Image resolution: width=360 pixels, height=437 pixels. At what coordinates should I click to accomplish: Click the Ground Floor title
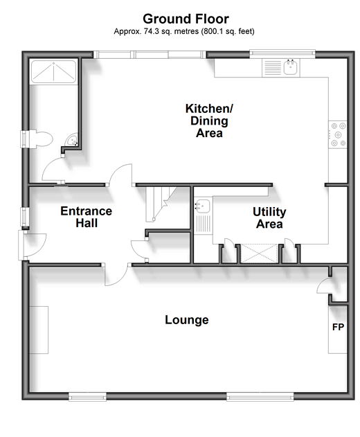pos(186,19)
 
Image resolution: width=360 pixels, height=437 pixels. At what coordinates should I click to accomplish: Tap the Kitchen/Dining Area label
pos(209,121)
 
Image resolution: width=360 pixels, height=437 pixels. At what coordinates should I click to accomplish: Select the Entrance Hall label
pos(87,217)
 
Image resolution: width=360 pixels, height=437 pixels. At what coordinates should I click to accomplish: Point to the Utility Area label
pos(269,217)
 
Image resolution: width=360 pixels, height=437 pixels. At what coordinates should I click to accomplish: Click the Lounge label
pos(187,320)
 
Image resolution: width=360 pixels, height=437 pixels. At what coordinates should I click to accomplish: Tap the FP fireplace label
pos(338,327)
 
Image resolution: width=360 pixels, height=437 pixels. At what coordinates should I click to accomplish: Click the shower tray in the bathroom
pos(53,71)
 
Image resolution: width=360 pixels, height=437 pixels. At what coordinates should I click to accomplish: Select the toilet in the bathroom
pos(40,139)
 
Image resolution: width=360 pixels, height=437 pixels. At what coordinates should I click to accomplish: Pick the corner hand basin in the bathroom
pos(72,140)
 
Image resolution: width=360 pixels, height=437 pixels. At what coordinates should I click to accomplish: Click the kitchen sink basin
pos(290,67)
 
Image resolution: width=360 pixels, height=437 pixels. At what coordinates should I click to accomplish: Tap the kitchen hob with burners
pos(338,135)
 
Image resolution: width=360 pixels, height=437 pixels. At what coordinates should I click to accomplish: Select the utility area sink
pos(203,206)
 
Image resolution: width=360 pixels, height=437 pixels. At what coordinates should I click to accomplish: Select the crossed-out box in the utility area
pos(259,253)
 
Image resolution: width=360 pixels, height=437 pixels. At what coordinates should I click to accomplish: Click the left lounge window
pos(87,397)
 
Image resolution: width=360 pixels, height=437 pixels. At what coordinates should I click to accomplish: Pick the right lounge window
pos(260,397)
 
